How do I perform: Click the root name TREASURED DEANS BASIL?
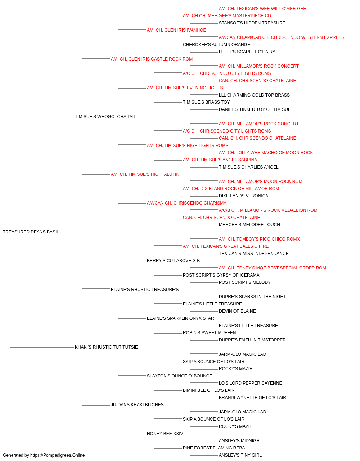pos(31,232)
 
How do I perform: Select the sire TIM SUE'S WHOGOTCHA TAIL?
pos(105,117)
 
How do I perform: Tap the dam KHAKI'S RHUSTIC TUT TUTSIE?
pos(106,347)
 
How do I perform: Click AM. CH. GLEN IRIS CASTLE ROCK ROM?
pos(152,59)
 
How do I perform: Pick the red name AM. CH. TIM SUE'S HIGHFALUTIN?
pos(145,174)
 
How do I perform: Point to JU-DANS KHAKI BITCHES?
pos(137,405)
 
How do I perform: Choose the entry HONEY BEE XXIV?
pos(165,434)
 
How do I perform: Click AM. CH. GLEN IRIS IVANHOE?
pos(176,30)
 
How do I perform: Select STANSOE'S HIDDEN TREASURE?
pos(252,23)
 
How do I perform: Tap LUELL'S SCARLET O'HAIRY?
pos(247,52)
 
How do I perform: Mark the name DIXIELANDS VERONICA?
pos(243,196)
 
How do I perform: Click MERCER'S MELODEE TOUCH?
pos(249,225)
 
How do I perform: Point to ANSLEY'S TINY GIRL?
pos(240,455)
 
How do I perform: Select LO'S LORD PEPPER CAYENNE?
pos(251,383)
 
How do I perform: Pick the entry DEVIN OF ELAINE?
pos(237,311)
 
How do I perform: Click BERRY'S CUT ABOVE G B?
pos(173,261)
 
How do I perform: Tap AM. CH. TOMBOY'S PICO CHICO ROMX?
pos(259,239)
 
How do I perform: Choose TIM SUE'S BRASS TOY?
pos(206,102)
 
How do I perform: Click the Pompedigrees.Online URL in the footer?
pos(57,455)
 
